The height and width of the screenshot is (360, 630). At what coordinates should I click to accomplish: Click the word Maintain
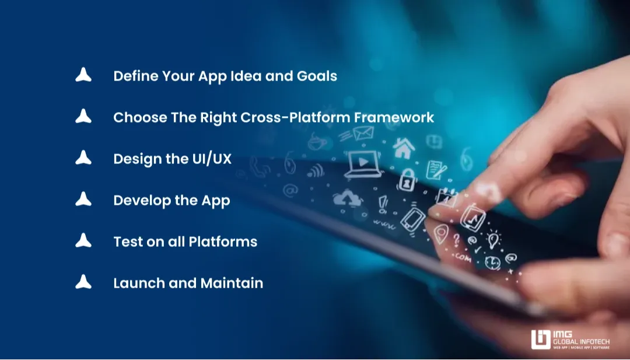(x=232, y=283)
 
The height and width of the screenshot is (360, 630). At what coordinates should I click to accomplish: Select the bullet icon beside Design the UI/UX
(x=83, y=158)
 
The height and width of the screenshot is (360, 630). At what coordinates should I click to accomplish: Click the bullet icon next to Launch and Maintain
(x=83, y=282)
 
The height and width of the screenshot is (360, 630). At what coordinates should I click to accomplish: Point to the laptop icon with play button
(x=364, y=164)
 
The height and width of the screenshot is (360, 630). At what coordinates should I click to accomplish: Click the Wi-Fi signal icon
(x=316, y=170)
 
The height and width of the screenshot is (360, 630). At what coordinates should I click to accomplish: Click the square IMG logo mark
(x=541, y=339)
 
